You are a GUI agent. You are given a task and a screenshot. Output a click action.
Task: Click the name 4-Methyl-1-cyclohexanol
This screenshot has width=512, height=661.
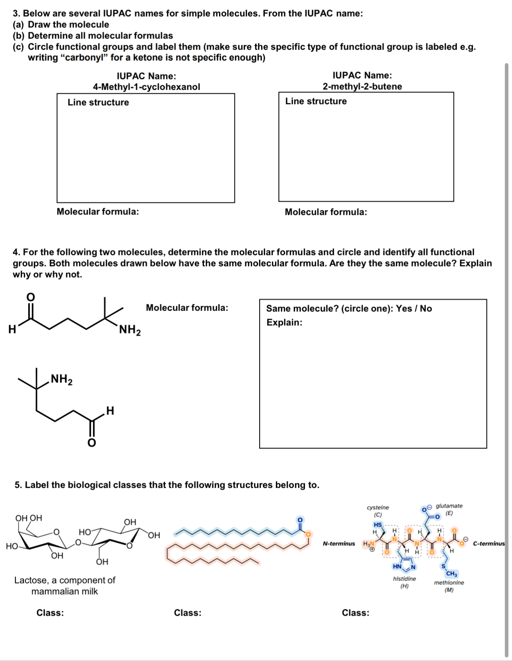(x=146, y=87)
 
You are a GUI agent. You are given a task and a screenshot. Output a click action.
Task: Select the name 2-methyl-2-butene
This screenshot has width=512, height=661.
(x=362, y=87)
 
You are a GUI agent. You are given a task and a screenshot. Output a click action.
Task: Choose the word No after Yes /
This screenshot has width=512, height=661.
(x=426, y=309)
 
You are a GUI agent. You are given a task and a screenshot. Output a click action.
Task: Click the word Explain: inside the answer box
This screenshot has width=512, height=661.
(x=284, y=323)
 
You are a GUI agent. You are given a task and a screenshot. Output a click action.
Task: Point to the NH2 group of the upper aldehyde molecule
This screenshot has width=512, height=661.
(x=129, y=330)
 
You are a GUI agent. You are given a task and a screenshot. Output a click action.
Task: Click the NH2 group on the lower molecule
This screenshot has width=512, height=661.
(x=61, y=379)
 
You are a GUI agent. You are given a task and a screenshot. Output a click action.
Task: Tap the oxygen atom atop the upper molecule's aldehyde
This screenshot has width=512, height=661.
(x=31, y=297)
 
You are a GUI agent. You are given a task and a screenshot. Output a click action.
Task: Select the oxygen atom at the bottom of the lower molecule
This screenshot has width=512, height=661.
(x=92, y=443)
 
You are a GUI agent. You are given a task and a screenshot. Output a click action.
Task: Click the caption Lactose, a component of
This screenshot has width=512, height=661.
(x=65, y=580)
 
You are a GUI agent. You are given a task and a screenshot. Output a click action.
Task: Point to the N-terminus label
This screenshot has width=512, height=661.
(x=339, y=544)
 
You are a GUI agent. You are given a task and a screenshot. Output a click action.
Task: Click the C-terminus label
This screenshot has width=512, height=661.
(x=489, y=544)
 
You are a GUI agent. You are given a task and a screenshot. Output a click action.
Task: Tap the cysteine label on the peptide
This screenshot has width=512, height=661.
(x=378, y=508)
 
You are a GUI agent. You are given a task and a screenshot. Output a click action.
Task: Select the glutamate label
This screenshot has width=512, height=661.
(x=449, y=506)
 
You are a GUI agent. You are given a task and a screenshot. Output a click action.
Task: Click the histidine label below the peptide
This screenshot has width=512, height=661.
(x=404, y=579)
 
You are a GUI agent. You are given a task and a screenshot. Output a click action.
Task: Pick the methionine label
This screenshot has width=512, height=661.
(x=449, y=583)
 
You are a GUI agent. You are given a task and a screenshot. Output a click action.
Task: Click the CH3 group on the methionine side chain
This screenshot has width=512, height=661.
(x=452, y=574)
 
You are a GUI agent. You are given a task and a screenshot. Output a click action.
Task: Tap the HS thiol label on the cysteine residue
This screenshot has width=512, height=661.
(x=377, y=525)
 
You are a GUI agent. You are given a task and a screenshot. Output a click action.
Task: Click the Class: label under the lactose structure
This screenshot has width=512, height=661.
(x=50, y=613)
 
